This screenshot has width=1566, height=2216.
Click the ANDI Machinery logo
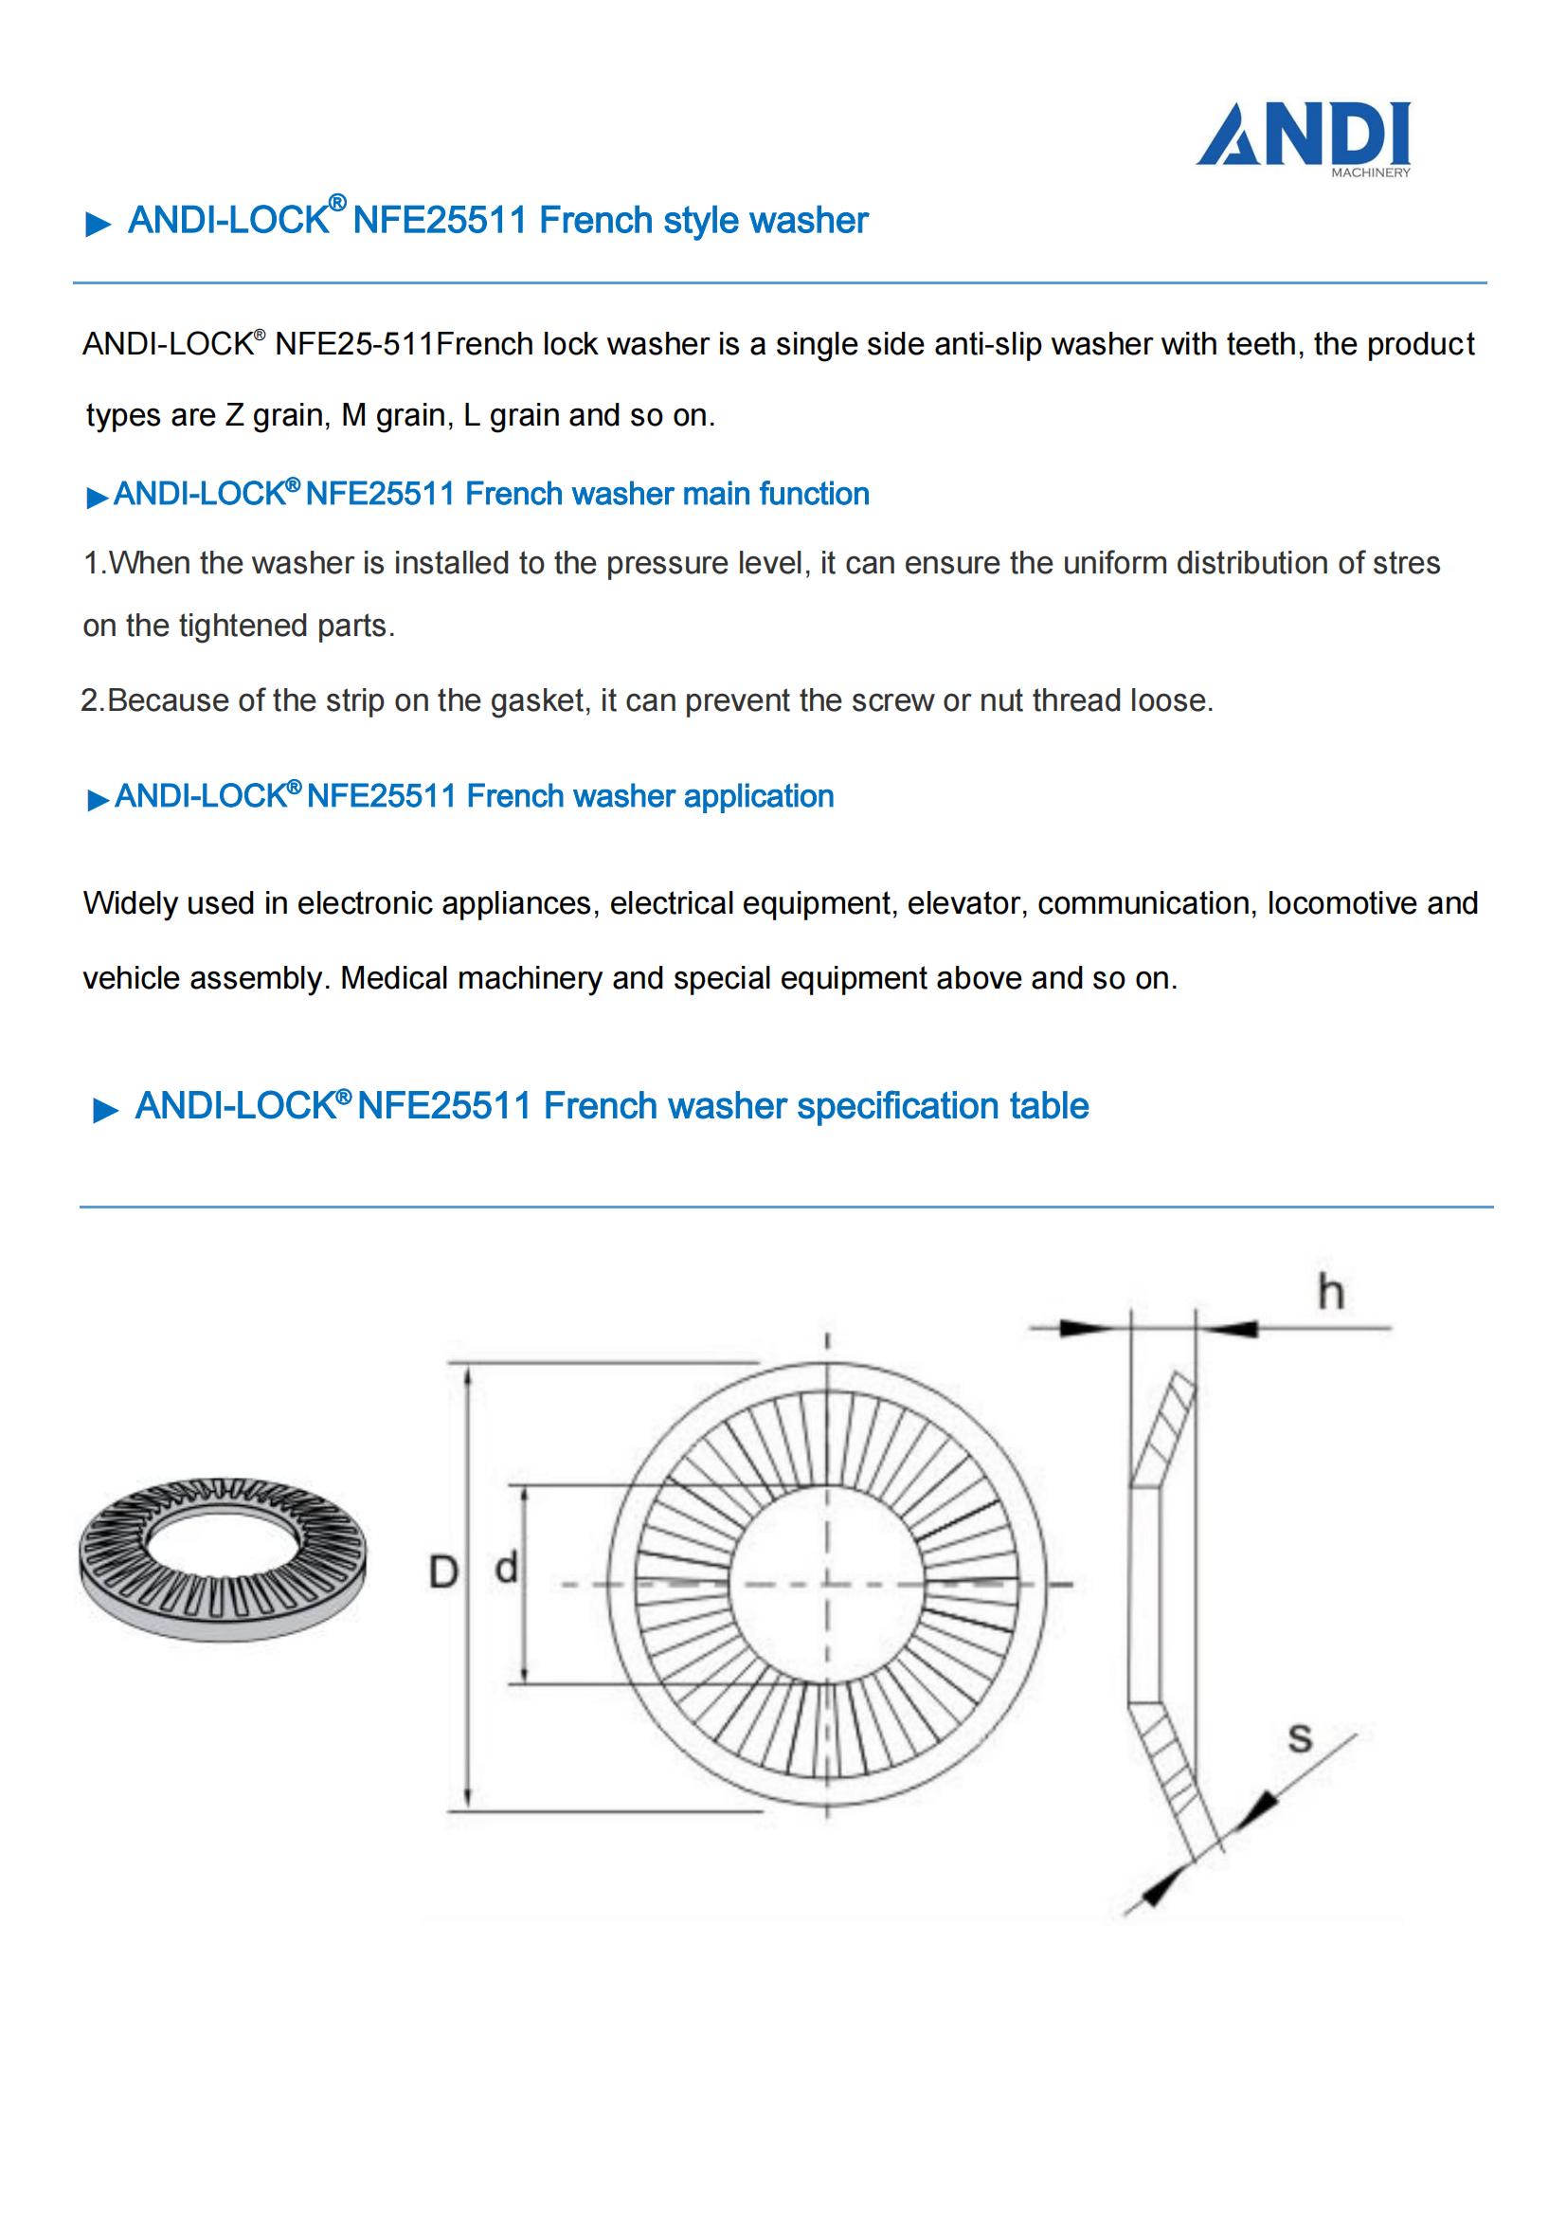[1304, 139]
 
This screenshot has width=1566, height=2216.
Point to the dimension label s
[1300, 1737]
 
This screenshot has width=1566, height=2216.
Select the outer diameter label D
[441, 1574]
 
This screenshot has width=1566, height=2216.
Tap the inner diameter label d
[507, 1568]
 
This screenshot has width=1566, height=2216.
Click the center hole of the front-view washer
[827, 1584]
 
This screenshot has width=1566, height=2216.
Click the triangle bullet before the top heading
[99, 226]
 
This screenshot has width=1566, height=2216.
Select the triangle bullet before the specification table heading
[105, 1112]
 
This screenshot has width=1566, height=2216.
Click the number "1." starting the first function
[96, 564]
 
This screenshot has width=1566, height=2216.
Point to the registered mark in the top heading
[336, 203]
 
